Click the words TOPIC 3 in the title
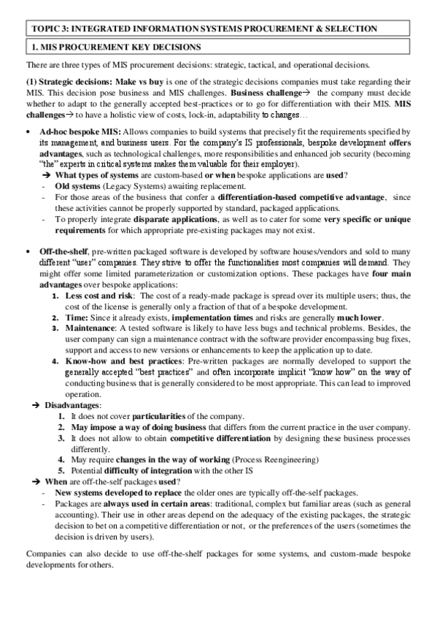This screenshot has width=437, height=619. coord(48,28)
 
